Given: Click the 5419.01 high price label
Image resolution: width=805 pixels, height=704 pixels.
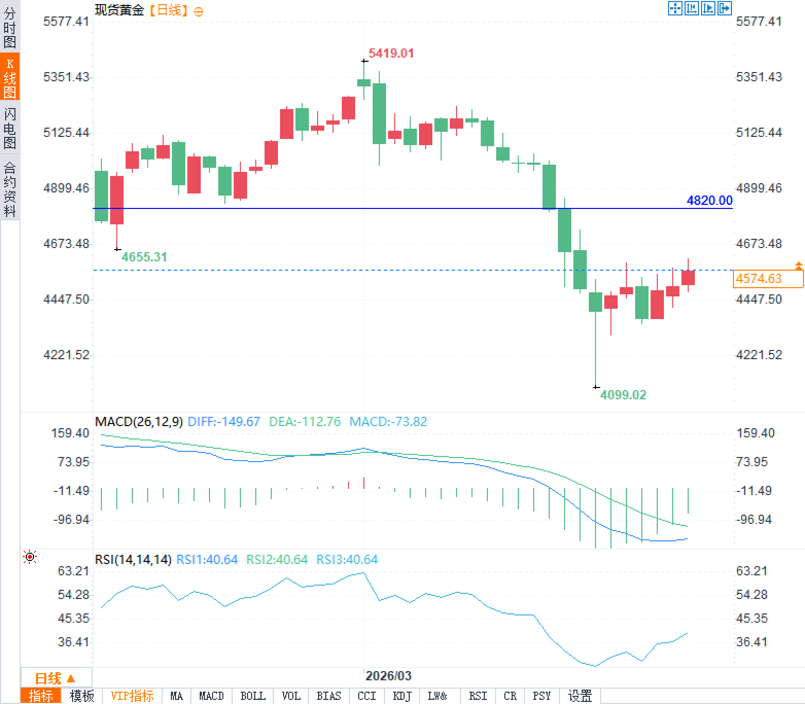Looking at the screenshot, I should click(391, 54).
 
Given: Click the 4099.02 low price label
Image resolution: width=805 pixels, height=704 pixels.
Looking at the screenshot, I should click(623, 395).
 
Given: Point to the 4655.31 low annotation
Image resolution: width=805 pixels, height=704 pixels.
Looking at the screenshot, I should click(144, 257).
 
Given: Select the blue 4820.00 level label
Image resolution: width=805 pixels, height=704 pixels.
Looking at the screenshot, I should click(709, 201).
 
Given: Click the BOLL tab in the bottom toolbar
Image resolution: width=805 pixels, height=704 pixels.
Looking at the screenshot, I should click(253, 696).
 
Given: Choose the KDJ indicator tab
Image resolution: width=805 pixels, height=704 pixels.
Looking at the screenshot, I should click(402, 696).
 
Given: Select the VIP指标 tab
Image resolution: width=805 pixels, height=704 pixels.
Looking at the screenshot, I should click(132, 696).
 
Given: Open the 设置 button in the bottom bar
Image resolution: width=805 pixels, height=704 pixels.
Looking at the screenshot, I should click(580, 696).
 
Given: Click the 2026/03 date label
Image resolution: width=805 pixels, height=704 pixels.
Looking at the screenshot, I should click(389, 676).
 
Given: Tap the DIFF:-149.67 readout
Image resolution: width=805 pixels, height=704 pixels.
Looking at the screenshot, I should click(224, 422).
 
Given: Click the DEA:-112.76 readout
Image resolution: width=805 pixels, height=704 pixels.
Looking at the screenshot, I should click(305, 422).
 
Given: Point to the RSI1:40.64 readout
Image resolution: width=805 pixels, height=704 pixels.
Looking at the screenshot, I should click(207, 560).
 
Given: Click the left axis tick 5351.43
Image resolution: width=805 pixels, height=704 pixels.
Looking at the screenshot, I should click(66, 77).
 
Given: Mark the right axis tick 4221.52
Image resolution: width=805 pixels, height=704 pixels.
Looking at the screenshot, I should click(759, 355).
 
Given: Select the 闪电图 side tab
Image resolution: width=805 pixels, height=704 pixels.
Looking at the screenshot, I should click(10, 128).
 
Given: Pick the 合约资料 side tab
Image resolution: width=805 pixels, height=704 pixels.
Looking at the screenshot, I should click(10, 189).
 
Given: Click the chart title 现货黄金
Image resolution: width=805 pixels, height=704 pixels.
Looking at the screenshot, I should click(119, 10).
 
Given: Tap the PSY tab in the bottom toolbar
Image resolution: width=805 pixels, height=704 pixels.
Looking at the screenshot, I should click(541, 696).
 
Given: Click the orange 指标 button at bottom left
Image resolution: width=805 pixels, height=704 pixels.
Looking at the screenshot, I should click(41, 696).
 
